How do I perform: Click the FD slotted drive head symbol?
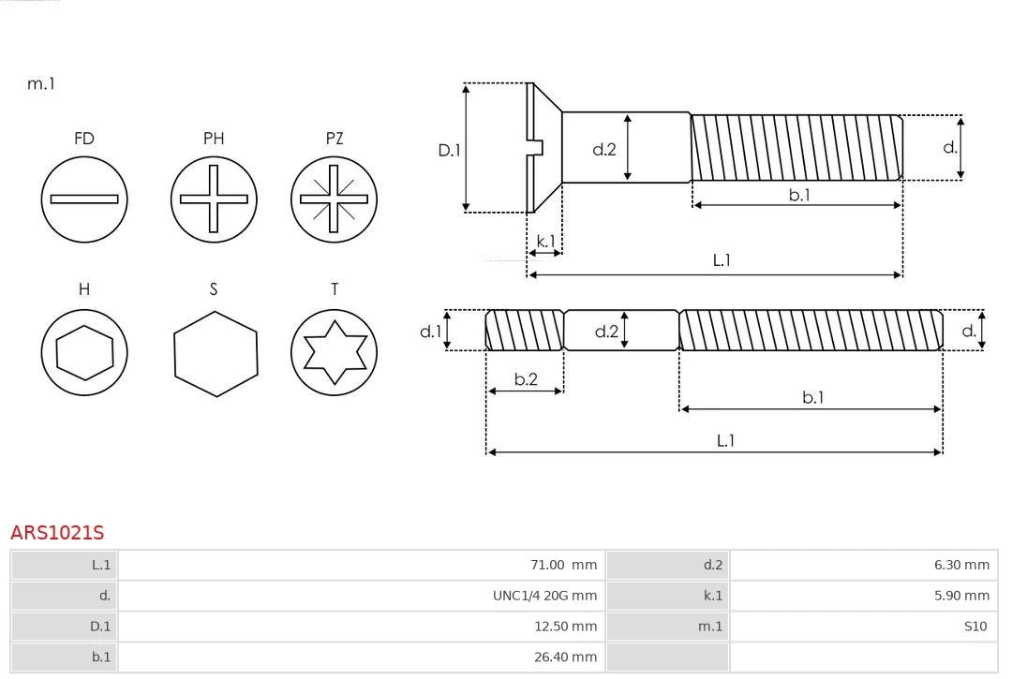tap(84, 199)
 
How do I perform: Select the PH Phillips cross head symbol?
tap(214, 199)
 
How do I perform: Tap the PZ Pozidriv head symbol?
tap(334, 199)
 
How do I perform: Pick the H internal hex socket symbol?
tap(84, 352)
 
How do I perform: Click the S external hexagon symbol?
tap(215, 352)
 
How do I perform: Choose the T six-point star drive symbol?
tap(334, 352)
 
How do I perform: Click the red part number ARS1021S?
tap(57, 533)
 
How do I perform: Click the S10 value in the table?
tap(975, 626)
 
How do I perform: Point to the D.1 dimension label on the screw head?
tap(450, 149)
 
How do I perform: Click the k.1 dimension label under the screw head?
tap(544, 242)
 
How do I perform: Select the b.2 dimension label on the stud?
tap(526, 379)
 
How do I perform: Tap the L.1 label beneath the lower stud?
tap(724, 440)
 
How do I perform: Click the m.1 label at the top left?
tap(41, 83)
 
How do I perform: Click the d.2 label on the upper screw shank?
tap(604, 148)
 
